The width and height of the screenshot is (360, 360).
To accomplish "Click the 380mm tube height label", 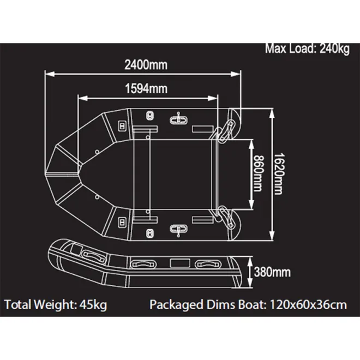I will point(272,271).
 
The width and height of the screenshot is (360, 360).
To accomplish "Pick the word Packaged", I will point(176,304).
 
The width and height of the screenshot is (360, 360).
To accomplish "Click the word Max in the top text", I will point(275,49).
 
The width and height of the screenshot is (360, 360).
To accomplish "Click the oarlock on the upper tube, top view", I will point(178,119).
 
